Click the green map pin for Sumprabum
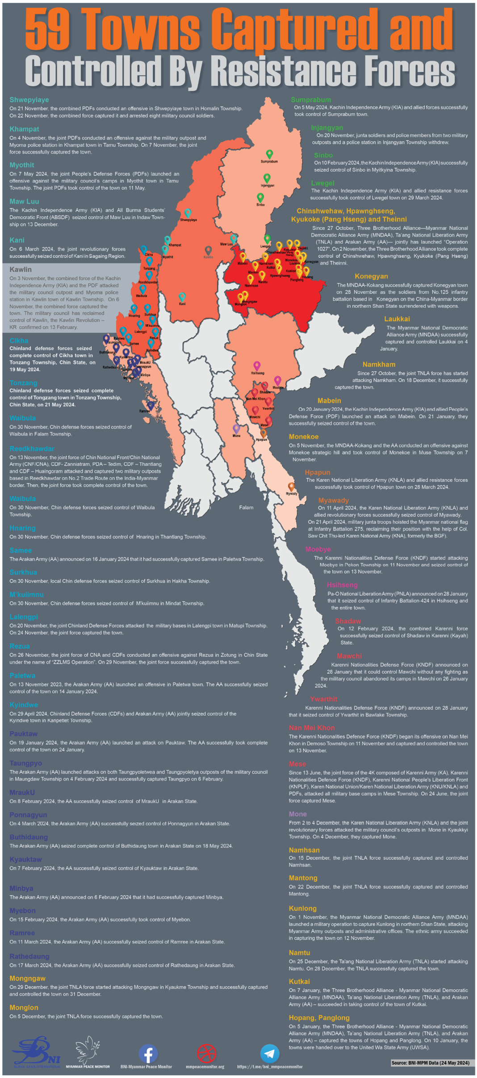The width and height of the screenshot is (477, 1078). tap(269, 154)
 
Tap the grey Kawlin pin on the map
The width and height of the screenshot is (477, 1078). tap(208, 250)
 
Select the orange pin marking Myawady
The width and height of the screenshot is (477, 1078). tap(291, 486)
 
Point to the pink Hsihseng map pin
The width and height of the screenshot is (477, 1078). tap(257, 366)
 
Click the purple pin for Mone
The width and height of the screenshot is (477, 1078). tap(236, 429)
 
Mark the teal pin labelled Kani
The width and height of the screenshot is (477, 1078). tap(182, 297)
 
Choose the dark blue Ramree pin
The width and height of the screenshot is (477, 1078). tap(151, 405)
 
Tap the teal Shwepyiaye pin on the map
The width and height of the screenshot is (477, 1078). tap(188, 213)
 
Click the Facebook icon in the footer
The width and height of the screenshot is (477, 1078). tap(148, 1054)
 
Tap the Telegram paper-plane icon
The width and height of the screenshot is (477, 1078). tap(269, 1053)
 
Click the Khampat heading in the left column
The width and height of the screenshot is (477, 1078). tap(24, 129)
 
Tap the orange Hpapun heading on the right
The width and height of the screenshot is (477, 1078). tap(317, 473)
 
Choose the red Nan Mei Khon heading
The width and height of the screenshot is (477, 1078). tap(311, 728)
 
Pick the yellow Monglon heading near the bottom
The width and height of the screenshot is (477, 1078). tap(24, 1008)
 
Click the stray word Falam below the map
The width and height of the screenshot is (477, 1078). tap(246, 508)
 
